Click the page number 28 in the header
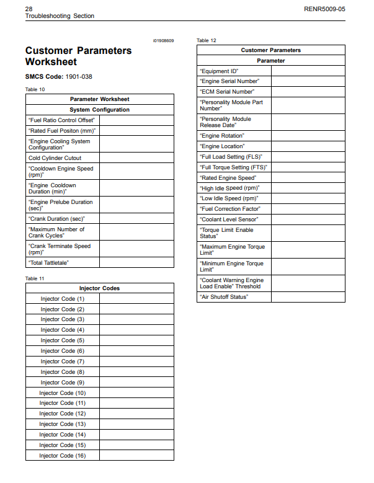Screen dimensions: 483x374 (x=29, y=9)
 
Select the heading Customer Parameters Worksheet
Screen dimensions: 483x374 (x=78, y=56)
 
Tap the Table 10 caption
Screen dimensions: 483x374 (x=35, y=90)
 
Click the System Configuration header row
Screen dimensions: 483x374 (x=99, y=110)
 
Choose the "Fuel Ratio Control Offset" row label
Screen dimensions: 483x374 (x=61, y=120)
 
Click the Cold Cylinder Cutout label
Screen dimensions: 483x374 (x=55, y=158)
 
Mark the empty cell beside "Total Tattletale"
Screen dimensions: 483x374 (x=136, y=263)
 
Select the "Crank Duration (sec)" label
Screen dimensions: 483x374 (x=56, y=219)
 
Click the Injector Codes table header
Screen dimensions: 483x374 (x=99, y=288)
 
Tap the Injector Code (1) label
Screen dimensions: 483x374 (x=62, y=299)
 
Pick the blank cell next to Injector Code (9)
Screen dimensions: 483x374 (x=136, y=383)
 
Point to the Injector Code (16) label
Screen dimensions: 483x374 (x=62, y=456)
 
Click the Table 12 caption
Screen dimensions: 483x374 (x=207, y=41)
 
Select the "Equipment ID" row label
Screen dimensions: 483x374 (x=219, y=71)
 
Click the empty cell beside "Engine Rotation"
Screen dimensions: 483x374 (x=308, y=136)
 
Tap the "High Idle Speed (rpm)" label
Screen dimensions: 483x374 (x=229, y=188)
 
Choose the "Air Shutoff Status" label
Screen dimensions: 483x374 (x=224, y=297)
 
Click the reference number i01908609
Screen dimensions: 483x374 (x=163, y=41)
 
